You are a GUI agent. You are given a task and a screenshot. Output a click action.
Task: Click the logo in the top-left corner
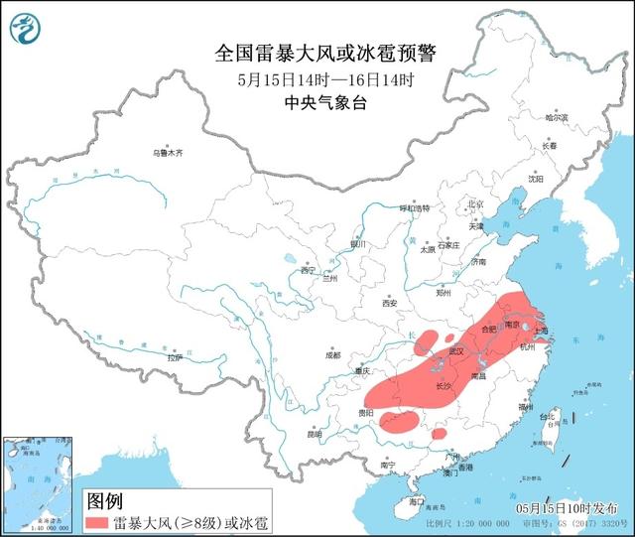(x=27, y=28)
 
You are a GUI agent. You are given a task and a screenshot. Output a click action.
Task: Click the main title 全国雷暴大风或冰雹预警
(x=328, y=52)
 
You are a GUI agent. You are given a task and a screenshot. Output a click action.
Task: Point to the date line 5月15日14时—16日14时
(x=327, y=80)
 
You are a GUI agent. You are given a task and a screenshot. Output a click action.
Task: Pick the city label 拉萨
(x=175, y=357)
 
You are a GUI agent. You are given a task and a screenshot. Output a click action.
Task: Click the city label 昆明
(x=315, y=434)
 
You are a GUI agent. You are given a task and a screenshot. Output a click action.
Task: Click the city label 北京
(x=474, y=203)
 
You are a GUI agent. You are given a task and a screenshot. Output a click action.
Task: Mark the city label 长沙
(x=443, y=385)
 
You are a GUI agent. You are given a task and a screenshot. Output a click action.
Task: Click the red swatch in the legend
(x=107, y=521)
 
